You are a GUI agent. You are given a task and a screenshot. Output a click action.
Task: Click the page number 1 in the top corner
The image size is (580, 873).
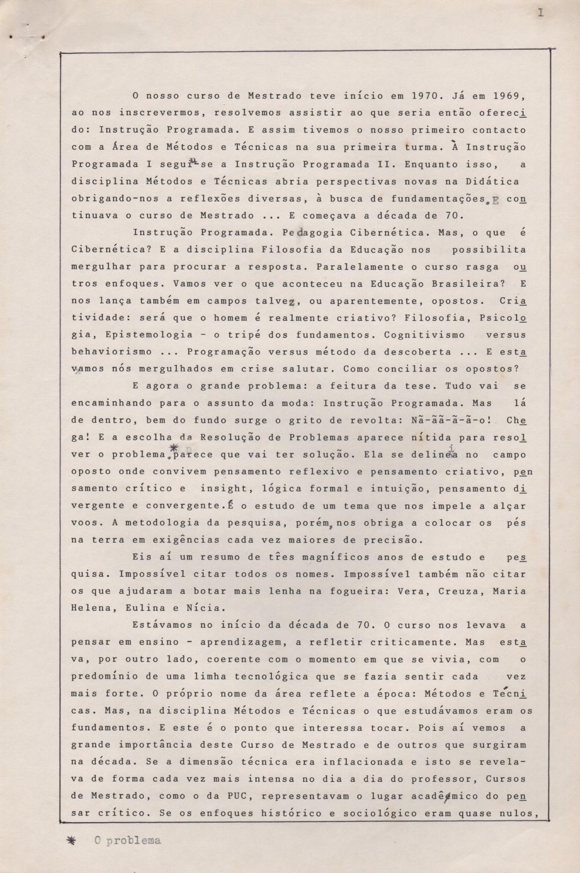540,12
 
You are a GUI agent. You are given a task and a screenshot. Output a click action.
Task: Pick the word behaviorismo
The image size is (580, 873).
111,352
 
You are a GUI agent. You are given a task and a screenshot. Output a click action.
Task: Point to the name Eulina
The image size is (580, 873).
145,608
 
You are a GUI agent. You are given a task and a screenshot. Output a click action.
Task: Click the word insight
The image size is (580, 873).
223,489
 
